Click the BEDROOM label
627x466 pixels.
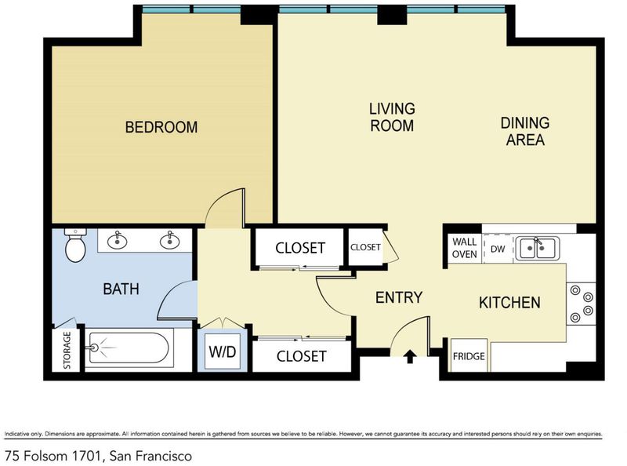[x=161, y=127]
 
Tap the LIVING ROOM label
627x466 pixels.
[x=392, y=117]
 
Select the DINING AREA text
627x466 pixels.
[x=525, y=131]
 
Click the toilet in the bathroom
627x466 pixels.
[x=75, y=245]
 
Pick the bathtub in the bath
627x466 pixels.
[x=128, y=348]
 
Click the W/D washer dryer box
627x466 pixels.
[x=223, y=351]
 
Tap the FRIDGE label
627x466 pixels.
[x=469, y=356]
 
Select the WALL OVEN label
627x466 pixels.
[x=464, y=248]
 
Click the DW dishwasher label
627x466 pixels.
[x=498, y=249]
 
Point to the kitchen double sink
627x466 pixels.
[x=537, y=248]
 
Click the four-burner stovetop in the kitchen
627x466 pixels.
[x=582, y=304]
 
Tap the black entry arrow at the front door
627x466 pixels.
[x=409, y=356]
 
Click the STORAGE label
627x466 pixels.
[x=67, y=351]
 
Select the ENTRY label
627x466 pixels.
[x=399, y=297]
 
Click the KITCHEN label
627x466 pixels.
[x=509, y=302]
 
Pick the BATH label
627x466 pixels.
[x=121, y=289]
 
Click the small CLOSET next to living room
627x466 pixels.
[x=365, y=247]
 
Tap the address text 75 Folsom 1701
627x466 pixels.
[x=53, y=456]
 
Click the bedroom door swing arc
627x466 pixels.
[x=220, y=199]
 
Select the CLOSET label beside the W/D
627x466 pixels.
[x=301, y=356]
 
